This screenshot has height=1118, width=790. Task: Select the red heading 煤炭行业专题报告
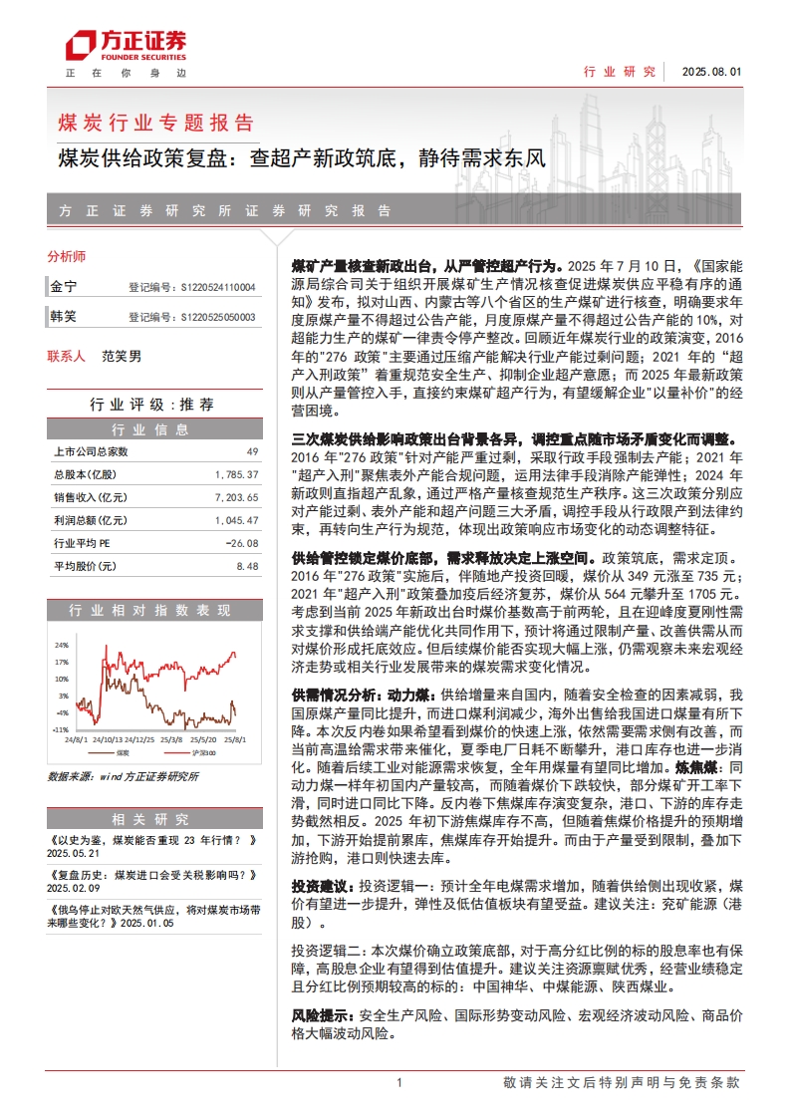156,123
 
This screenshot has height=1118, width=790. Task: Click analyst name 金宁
63,287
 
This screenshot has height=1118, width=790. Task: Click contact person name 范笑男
121,356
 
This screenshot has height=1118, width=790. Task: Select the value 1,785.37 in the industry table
236,474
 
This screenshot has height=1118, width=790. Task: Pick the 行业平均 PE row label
85,543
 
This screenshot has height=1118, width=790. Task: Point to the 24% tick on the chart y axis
61,644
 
